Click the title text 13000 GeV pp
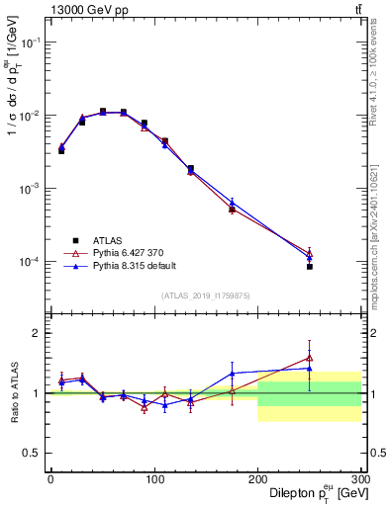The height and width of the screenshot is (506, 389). (x=87, y=10)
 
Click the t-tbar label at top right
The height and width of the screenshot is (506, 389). (x=357, y=10)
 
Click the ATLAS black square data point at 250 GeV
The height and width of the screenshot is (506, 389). (x=310, y=267)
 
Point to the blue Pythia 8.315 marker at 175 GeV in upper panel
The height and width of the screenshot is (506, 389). (x=232, y=202)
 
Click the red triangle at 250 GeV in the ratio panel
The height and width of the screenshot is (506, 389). (x=310, y=358)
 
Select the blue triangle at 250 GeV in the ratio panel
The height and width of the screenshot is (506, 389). (x=310, y=369)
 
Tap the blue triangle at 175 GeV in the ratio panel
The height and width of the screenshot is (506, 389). (x=232, y=374)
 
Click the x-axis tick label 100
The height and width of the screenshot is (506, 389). (x=154, y=478)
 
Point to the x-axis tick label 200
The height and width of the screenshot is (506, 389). (x=257, y=478)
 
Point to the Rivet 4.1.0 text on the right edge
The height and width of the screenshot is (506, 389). (x=379, y=74)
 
